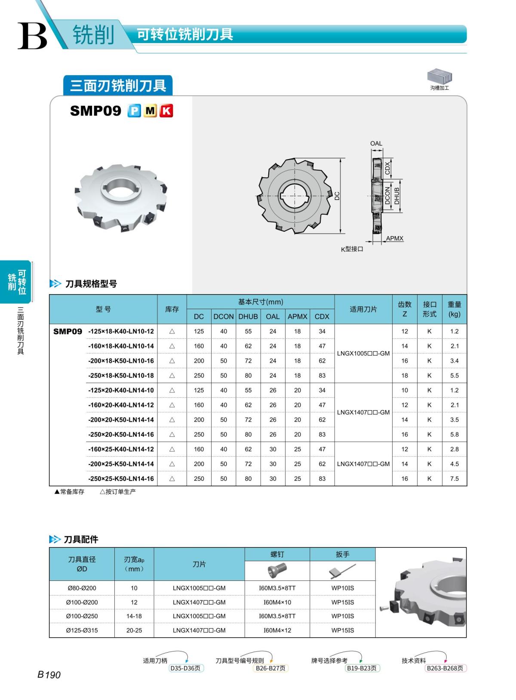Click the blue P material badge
pos(134,111)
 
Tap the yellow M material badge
pos(150,111)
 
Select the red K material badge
pos(166,111)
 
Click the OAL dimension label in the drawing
pos(376,144)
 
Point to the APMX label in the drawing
pos(394,238)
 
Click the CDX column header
pos(322,316)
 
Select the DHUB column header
pos(248,316)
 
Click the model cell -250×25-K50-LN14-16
pos(121,479)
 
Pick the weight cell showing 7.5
pos(454,479)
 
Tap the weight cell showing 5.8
pos(454,434)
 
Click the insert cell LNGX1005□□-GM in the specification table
pos(363,353)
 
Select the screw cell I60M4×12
pos(277,630)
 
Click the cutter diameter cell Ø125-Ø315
pos(82,630)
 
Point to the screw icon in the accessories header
pos(277,571)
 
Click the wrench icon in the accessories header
pos(342,571)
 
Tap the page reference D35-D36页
pos(185,668)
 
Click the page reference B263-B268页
pos(445,668)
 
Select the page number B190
pos(49,675)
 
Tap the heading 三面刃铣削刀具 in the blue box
pos(118,86)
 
